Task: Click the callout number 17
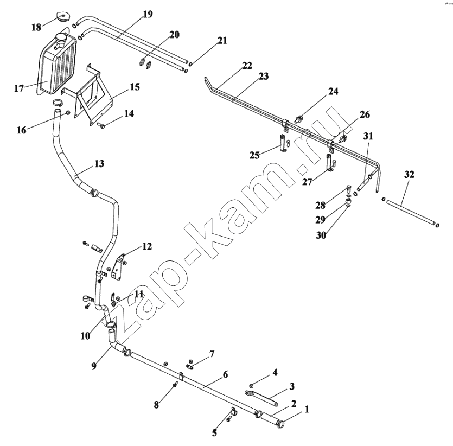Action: (19, 88)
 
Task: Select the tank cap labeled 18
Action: (62, 16)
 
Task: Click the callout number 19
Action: (148, 14)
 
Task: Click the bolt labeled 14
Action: (101, 125)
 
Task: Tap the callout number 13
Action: (99, 163)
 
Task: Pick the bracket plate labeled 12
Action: (118, 266)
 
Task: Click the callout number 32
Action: (409, 175)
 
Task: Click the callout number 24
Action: (333, 91)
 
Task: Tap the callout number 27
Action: (308, 182)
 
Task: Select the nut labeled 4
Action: (251, 385)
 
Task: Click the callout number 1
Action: (307, 409)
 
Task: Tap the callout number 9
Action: (94, 366)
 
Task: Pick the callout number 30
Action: (321, 235)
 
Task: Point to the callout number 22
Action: (247, 65)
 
